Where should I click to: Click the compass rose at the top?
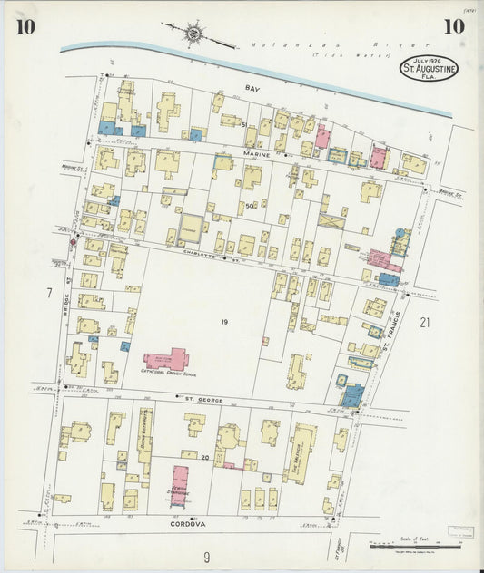click(x=193, y=35)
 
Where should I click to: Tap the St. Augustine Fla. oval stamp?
click(x=430, y=67)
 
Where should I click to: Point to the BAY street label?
click(x=252, y=89)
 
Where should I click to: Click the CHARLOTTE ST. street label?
click(x=221, y=258)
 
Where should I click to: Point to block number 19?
click(x=222, y=322)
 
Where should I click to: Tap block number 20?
click(x=205, y=458)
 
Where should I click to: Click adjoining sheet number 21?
click(x=424, y=322)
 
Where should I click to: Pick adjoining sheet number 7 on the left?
click(x=47, y=293)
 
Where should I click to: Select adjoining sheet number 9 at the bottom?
click(x=206, y=557)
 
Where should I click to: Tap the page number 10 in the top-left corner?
click(x=25, y=26)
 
